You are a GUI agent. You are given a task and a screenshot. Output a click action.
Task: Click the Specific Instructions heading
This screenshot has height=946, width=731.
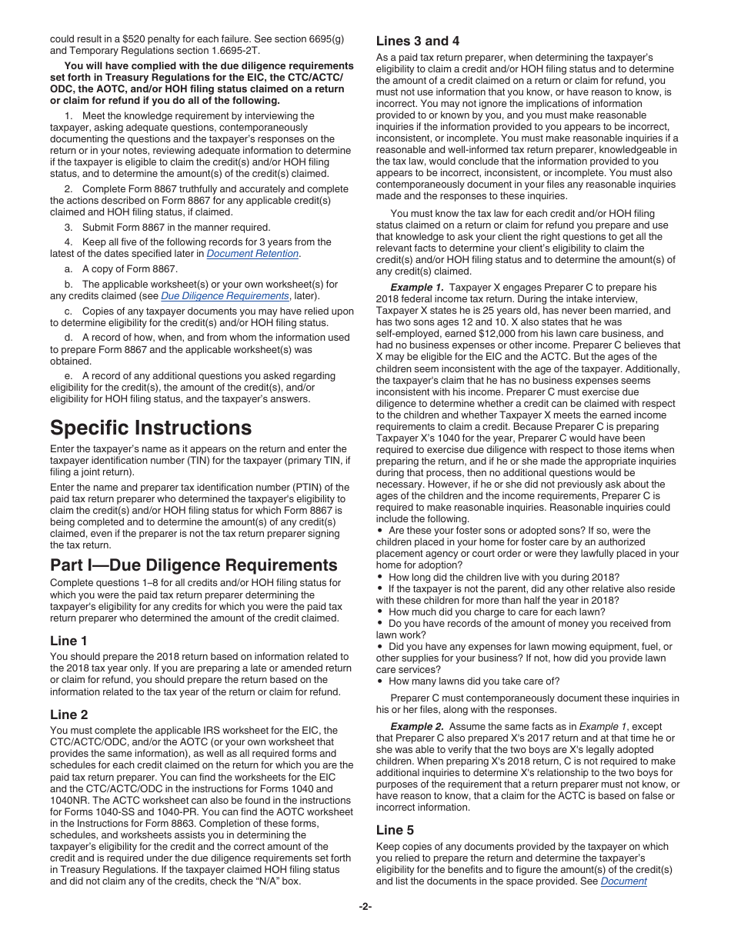point(150,428)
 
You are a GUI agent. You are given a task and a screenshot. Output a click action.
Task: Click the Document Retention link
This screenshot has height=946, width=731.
point(252,254)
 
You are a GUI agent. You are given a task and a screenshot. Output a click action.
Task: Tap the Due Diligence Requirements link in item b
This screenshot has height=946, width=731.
point(225,296)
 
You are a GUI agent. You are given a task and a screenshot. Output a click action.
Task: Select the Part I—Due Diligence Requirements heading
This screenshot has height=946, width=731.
point(193,565)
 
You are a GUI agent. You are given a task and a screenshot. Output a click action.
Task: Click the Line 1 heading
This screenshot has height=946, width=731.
point(68,641)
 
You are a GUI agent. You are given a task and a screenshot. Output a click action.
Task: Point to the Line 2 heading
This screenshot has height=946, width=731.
point(68,714)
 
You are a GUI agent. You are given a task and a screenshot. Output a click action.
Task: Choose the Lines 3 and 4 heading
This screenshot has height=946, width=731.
point(417,41)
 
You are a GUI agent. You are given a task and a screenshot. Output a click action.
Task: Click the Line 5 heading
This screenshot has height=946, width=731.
point(395,830)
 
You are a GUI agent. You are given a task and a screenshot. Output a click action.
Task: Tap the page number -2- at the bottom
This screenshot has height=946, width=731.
point(365,907)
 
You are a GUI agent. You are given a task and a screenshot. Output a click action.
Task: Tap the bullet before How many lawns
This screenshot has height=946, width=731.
point(380,681)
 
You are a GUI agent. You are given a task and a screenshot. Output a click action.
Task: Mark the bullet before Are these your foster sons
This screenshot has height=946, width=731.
point(380,531)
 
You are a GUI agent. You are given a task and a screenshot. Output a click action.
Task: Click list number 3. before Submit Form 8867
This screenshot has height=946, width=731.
point(68,227)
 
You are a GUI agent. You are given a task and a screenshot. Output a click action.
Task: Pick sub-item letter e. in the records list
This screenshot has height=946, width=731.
point(68,376)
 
